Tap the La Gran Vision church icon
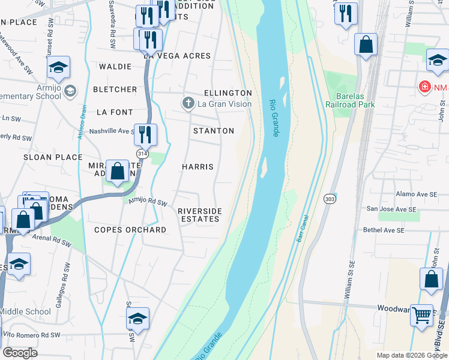coord(188,104)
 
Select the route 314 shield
coord(142,154)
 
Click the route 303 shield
coord(330,199)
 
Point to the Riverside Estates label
coord(200,215)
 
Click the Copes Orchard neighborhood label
coord(130,230)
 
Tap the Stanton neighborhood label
coord(214,131)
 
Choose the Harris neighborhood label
coord(197,166)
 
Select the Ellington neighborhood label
coord(228,93)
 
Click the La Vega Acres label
coord(177,56)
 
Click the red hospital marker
coord(425,88)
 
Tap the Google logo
coord(20,353)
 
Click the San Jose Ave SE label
coord(391,209)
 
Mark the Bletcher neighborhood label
coord(115,89)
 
